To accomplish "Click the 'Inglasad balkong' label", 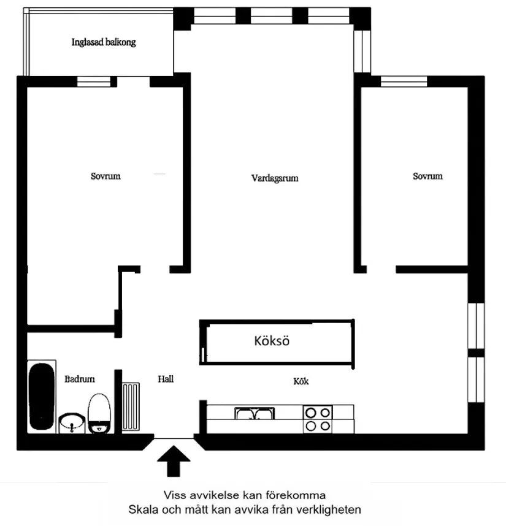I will coord(103,43).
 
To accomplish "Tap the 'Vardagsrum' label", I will coord(275,178).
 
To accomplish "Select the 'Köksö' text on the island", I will coord(272,341).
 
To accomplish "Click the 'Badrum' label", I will coord(80,379).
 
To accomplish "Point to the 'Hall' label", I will coord(166,379).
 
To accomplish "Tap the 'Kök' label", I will coord(301,381).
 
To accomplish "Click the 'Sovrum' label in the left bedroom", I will coord(105,176).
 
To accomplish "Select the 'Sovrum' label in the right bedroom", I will coord(427,176).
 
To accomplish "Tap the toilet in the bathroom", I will coord(98,414).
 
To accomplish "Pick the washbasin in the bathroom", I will coord(72,422).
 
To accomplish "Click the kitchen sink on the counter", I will coord(255,414).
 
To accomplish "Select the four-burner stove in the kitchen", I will coord(318,419).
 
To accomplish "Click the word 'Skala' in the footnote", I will coord(140,509).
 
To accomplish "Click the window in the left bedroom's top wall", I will coord(96,81).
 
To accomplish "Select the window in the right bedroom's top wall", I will coord(404,80).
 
